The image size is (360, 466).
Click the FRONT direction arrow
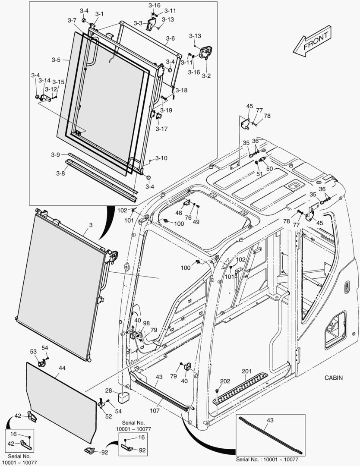coord(311,42)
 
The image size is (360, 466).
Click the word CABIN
coord(334,378)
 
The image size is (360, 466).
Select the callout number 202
coord(225,381)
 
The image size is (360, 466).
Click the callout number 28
coord(109,390)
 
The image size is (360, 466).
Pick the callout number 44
coord(62,368)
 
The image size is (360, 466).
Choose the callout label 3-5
coord(56,60)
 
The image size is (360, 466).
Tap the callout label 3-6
coord(171,38)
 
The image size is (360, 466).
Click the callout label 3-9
coord(55,154)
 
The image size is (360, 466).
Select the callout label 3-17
coord(162,129)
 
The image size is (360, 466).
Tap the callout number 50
coord(269,169)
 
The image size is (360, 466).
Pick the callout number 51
coord(259,174)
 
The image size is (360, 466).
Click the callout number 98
coord(147,323)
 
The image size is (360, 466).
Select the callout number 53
coord(33,352)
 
